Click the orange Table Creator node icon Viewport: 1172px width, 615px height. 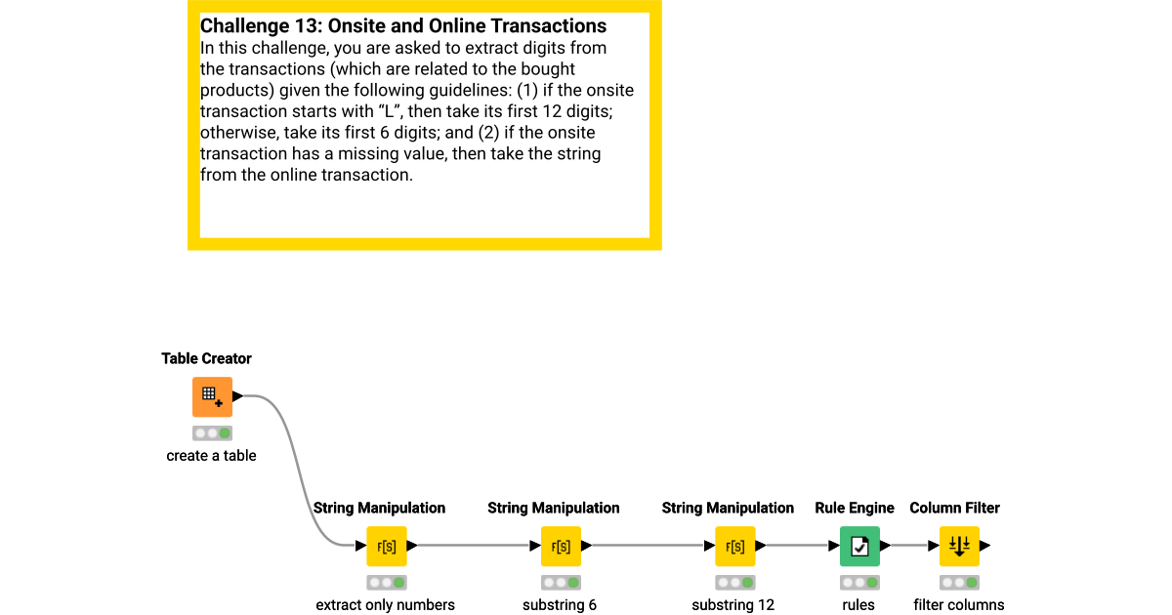[x=212, y=397]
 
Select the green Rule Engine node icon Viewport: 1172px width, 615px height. [x=859, y=547]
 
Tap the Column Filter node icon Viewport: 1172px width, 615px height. [x=959, y=547]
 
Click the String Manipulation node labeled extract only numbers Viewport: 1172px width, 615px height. [x=386, y=547]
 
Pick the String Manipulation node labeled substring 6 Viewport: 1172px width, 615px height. [x=561, y=547]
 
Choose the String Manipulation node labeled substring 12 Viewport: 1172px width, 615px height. [x=734, y=547]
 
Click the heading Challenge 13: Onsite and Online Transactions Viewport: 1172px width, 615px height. [x=402, y=26]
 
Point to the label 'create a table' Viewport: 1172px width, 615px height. [x=211, y=456]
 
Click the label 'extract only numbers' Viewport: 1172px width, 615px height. [x=385, y=605]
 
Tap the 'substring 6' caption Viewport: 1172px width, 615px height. [x=560, y=605]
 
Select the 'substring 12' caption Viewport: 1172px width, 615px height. [x=732, y=605]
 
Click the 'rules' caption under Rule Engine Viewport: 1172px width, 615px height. [x=858, y=605]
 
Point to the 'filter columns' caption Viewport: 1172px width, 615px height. [x=958, y=605]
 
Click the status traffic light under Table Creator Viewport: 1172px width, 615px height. [x=212, y=433]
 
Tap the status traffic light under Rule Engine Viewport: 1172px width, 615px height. [x=859, y=583]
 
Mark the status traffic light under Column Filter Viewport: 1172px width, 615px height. [x=959, y=583]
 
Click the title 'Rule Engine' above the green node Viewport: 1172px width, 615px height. [x=855, y=509]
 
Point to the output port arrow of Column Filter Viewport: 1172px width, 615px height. [x=985, y=546]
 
